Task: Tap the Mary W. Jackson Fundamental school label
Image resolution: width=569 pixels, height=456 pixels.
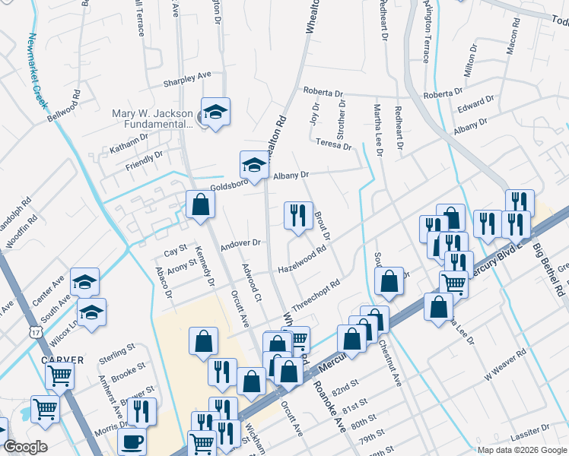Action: click(x=152, y=116)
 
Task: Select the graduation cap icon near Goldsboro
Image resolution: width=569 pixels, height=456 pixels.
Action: click(x=254, y=163)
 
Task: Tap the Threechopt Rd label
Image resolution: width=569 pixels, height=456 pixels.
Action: click(x=314, y=290)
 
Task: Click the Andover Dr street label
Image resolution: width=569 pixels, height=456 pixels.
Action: click(x=240, y=244)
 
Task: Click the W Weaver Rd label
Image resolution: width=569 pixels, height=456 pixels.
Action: click(x=504, y=361)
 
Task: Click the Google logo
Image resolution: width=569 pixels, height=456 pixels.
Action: click(x=25, y=447)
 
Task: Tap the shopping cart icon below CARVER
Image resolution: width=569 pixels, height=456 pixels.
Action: click(x=59, y=373)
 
